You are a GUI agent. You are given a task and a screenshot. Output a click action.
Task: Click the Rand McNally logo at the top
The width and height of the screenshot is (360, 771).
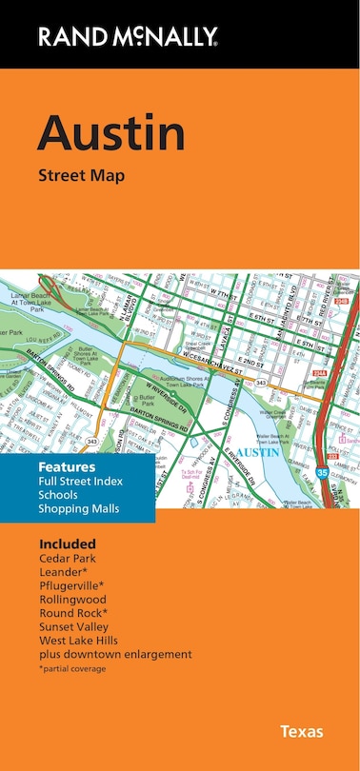(129, 38)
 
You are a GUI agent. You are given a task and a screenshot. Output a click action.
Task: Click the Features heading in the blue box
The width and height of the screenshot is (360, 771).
(67, 468)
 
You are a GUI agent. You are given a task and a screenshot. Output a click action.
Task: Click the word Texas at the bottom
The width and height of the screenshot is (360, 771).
(301, 732)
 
